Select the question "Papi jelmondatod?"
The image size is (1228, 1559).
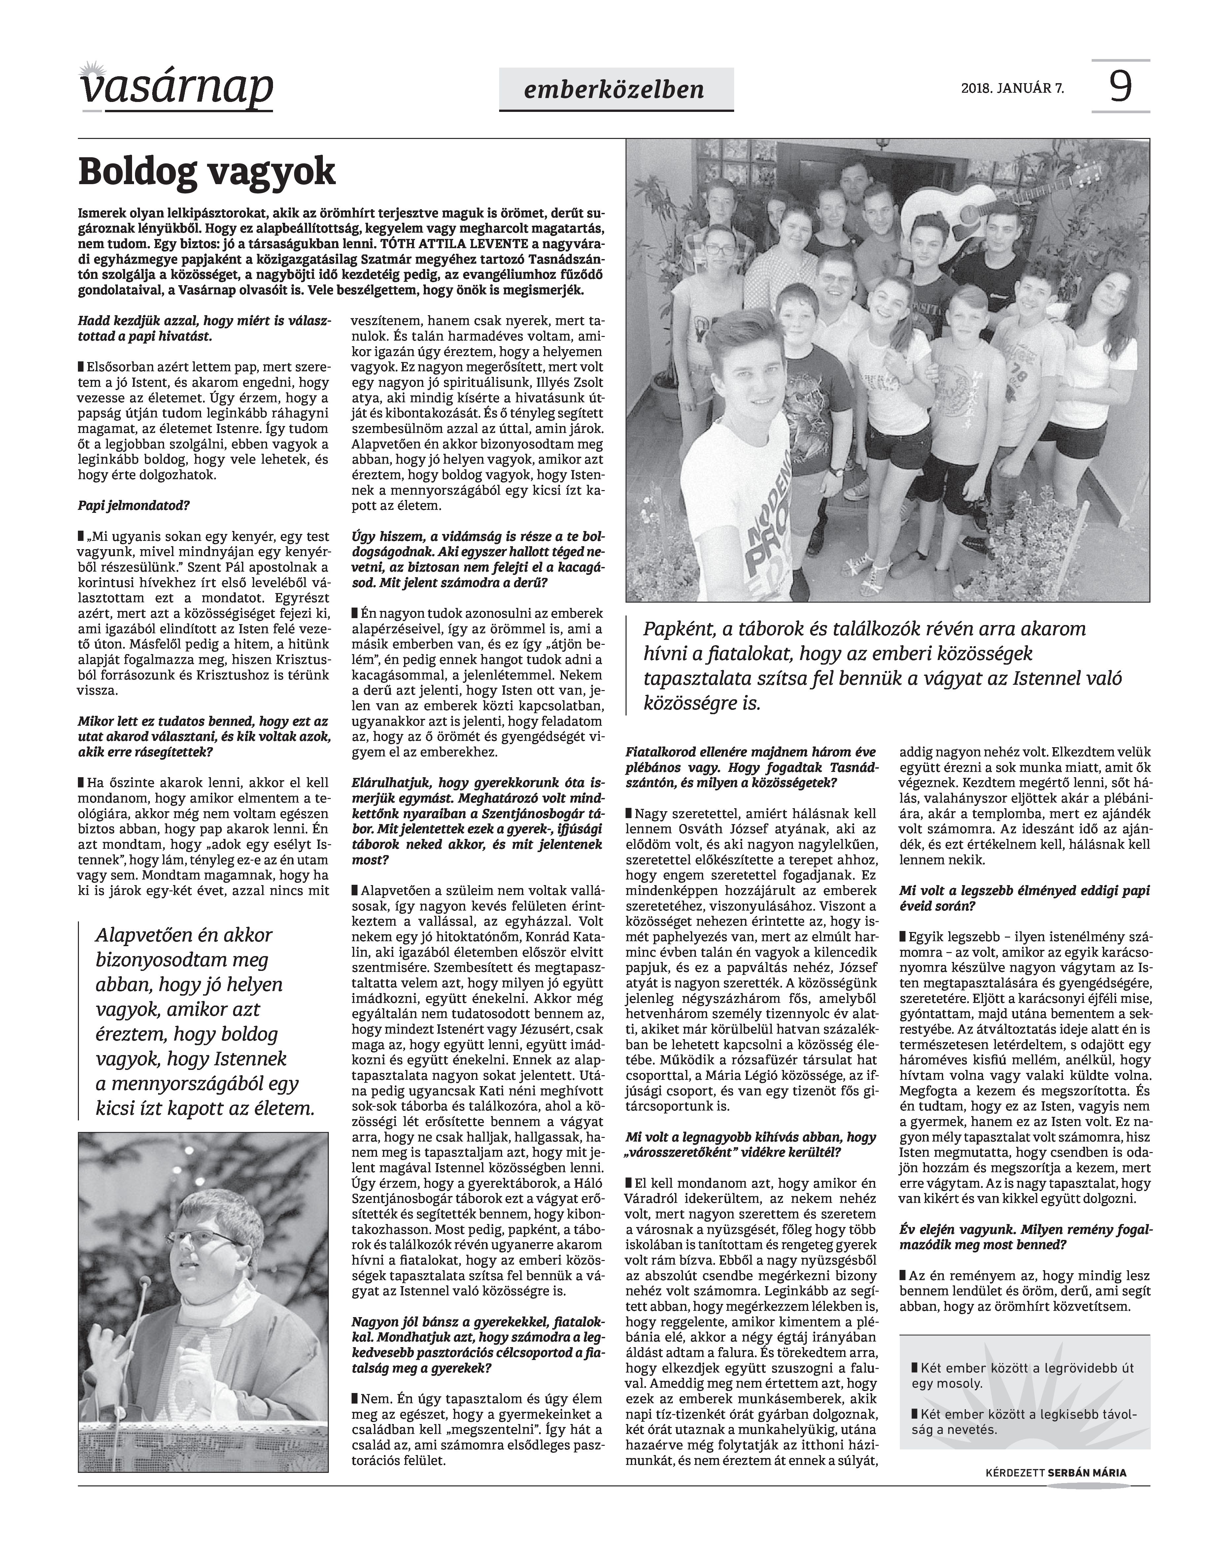134,505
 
